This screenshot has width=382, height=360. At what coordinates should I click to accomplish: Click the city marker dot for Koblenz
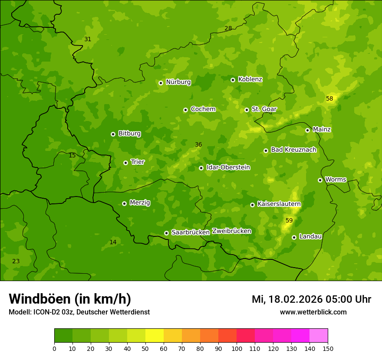click(233, 80)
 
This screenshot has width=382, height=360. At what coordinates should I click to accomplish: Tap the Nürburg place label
click(178, 82)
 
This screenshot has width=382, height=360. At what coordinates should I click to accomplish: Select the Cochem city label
click(203, 109)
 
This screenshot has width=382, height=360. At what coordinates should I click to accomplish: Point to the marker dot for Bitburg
click(113, 134)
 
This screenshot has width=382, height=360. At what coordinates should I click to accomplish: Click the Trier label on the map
click(138, 162)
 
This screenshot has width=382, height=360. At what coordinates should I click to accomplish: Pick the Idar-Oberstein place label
click(228, 167)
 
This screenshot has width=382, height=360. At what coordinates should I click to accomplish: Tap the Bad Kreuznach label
click(293, 150)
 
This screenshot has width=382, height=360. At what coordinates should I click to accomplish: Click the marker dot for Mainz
click(308, 130)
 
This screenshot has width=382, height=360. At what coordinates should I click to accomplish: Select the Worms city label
click(335, 180)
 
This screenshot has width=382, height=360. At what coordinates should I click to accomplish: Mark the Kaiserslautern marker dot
click(253, 205)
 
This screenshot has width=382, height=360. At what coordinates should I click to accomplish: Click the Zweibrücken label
click(231, 231)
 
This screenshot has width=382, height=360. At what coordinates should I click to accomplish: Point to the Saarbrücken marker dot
click(167, 233)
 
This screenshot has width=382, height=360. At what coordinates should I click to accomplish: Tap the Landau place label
click(310, 236)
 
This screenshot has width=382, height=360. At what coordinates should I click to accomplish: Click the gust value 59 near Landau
click(289, 221)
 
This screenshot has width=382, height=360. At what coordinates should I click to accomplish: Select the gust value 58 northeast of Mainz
click(329, 99)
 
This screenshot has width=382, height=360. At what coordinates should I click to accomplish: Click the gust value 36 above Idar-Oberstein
click(198, 145)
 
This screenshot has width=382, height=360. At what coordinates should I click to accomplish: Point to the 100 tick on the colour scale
click(237, 348)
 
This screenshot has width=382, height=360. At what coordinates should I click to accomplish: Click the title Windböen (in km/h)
click(70, 299)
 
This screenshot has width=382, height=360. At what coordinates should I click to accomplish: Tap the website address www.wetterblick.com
click(313, 312)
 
